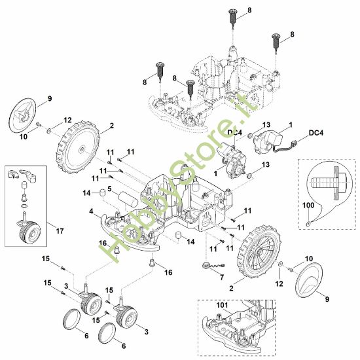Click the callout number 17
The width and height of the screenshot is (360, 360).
[60, 231]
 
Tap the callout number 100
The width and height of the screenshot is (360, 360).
[308, 205]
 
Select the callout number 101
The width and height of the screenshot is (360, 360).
[222, 305]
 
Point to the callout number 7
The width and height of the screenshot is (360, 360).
[222, 278]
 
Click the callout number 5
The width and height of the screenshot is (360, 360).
[109, 189]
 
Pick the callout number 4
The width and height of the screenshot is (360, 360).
[92, 211]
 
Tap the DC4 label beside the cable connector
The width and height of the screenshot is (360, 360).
[316, 133]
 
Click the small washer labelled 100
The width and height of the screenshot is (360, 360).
[308, 223]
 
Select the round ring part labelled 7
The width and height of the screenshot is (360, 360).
[206, 265]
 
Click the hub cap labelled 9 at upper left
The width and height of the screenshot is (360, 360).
[23, 115]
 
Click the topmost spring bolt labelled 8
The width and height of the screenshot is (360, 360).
[233, 19]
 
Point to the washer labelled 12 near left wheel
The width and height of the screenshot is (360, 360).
[49, 131]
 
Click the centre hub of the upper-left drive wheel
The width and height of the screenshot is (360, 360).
[82, 149]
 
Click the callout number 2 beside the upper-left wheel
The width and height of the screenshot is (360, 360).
[112, 126]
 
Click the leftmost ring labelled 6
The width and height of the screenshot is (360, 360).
[71, 319]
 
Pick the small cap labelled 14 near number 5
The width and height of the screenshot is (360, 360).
[102, 192]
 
